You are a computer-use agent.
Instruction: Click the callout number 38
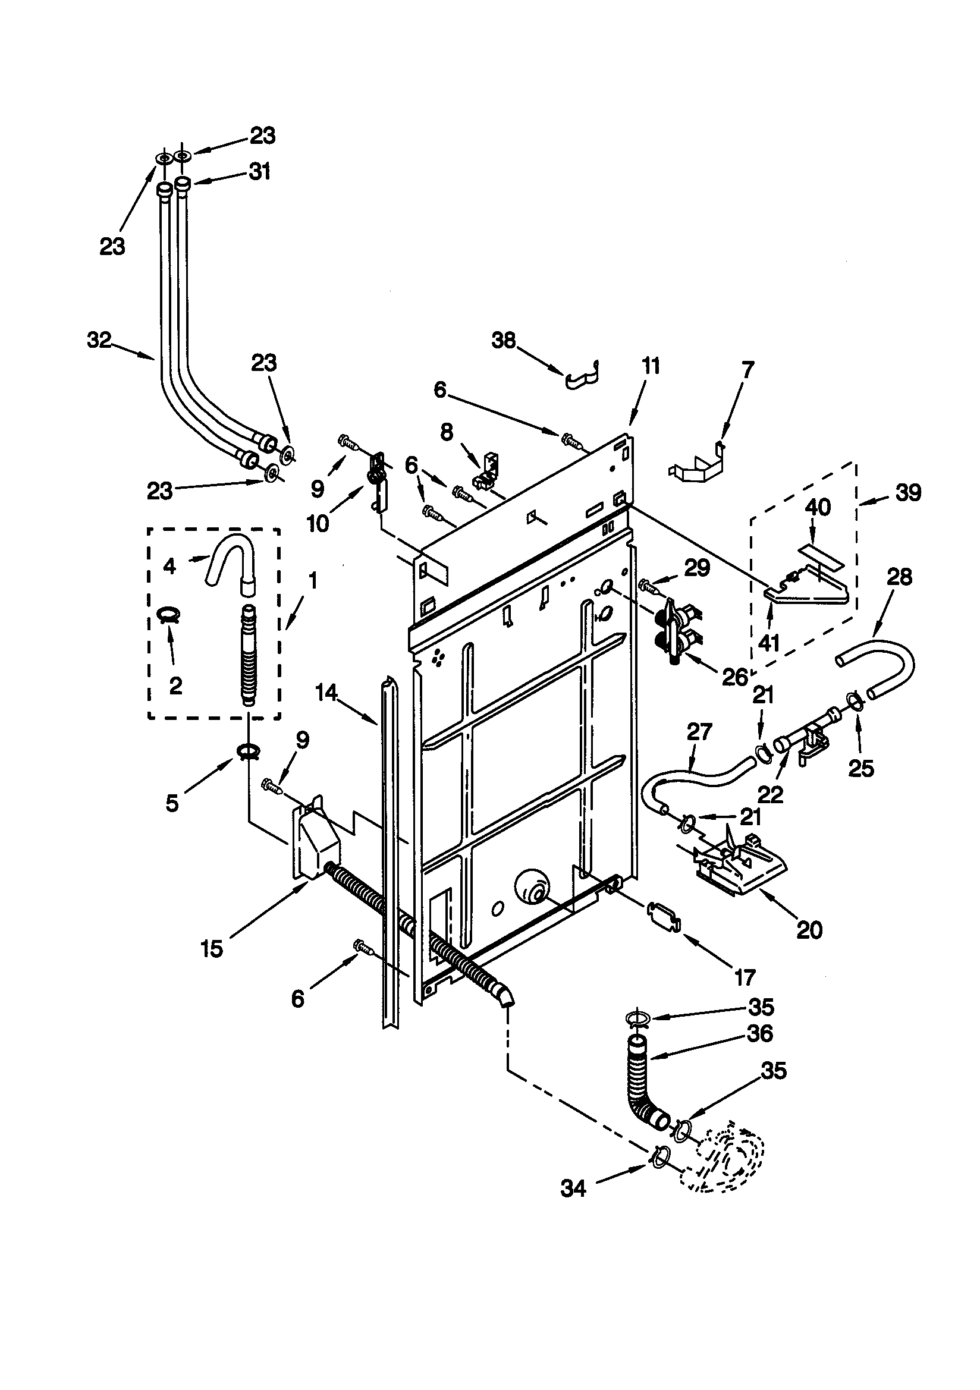(x=503, y=341)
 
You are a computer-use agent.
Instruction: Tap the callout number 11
(x=651, y=366)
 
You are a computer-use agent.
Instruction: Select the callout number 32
(x=99, y=340)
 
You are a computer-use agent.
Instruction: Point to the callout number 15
(x=212, y=949)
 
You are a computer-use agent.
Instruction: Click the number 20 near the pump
(x=809, y=929)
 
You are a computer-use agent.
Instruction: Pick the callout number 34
(x=573, y=1188)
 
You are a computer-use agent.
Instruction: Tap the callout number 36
(x=760, y=1033)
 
